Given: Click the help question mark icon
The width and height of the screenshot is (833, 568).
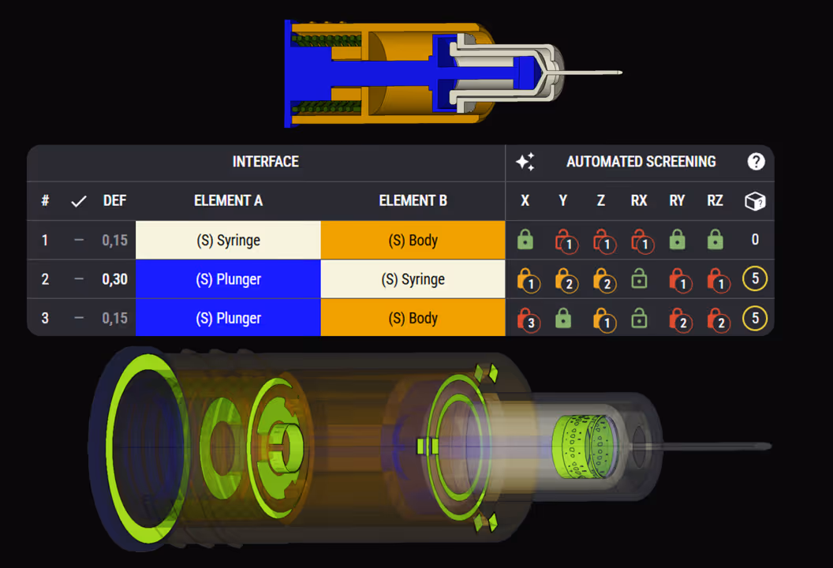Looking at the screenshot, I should (x=756, y=162).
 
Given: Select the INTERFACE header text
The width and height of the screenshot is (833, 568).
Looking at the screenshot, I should (x=265, y=162).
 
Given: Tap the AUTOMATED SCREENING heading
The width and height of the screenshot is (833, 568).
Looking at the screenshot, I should (x=641, y=162).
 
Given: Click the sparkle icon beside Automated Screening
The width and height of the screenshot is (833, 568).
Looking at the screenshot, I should (x=525, y=162).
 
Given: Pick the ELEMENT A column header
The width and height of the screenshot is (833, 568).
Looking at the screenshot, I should (x=228, y=200).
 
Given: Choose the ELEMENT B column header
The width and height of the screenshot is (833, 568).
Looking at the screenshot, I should (x=413, y=200).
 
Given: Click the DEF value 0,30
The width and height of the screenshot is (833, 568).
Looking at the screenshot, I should (x=114, y=279).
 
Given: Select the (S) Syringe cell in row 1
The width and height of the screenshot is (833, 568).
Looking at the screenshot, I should (x=228, y=240).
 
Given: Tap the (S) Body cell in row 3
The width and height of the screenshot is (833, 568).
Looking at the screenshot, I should (x=413, y=318).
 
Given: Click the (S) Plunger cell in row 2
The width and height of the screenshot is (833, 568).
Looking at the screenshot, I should (x=228, y=279).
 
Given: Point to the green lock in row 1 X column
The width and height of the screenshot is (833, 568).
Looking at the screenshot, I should (x=525, y=240).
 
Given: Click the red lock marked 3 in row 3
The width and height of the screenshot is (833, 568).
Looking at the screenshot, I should (x=527, y=319).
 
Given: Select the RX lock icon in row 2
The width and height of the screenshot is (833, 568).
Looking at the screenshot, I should (x=639, y=279).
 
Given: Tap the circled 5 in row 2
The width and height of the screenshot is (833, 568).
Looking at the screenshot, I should (x=755, y=279).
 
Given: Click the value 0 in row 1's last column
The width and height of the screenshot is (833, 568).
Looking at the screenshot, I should (x=755, y=240).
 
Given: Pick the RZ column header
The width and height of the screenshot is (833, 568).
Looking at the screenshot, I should (x=715, y=200).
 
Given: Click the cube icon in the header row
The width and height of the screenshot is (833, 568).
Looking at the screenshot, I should (x=755, y=201).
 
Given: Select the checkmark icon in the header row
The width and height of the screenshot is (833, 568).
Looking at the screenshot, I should (x=78, y=201).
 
